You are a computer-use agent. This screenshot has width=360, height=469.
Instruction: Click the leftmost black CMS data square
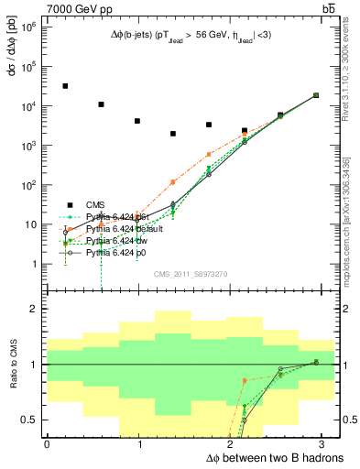65,86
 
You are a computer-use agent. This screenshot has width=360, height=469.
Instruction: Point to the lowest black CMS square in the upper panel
172,134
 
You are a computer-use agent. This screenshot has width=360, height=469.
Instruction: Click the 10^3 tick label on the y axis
30,146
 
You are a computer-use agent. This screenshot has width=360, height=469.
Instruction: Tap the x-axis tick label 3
324,444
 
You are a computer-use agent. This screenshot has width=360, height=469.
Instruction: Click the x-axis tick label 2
232,444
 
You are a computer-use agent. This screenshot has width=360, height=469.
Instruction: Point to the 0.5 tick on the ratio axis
31,420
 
